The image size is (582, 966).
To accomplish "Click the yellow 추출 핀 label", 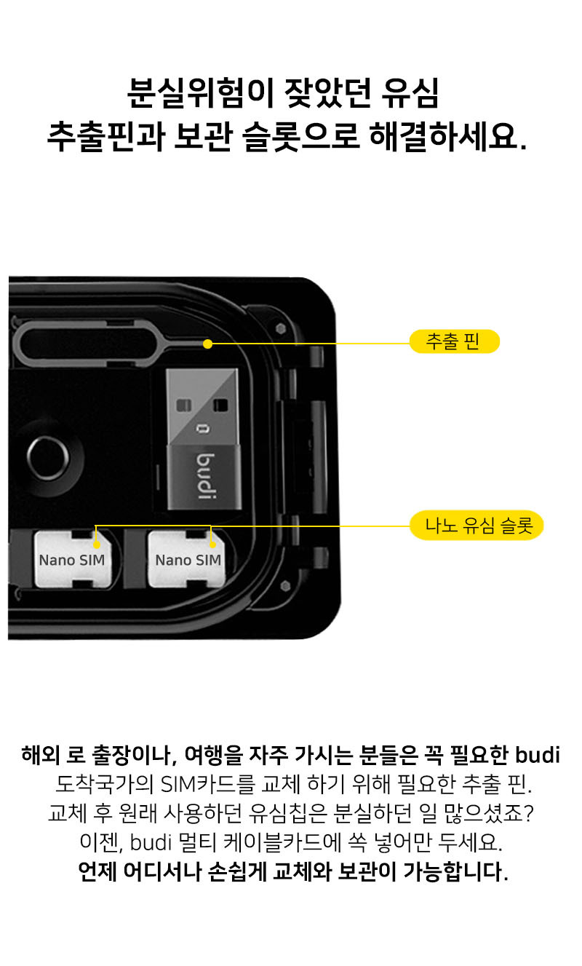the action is click(455, 341).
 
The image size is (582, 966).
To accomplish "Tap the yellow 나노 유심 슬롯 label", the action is click(477, 526).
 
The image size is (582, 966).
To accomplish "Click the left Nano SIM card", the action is click(73, 559).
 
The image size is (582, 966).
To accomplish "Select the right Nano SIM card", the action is click(187, 559).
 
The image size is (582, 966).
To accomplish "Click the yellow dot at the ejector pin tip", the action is click(208, 344).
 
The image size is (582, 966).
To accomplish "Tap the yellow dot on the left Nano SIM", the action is click(97, 545).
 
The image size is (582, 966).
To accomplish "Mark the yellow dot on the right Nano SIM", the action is click(212, 545).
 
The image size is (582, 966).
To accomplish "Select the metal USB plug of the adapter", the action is click(202, 407).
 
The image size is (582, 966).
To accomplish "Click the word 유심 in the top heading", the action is click(410, 92).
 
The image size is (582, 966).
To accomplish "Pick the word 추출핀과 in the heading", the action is click(106, 136).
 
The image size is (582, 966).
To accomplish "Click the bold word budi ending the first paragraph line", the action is click(538, 755).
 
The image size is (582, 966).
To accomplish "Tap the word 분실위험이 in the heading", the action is click(201, 92).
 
